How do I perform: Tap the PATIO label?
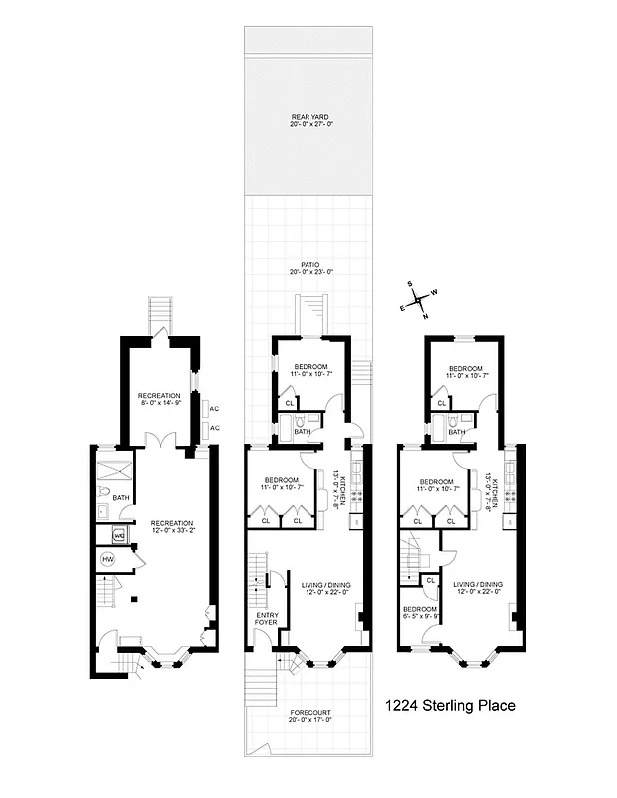click(309, 267)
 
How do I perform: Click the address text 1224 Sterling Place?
click(450, 706)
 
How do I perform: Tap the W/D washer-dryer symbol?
click(119, 535)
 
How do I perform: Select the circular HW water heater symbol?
click(108, 560)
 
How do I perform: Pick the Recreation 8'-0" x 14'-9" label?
click(159, 399)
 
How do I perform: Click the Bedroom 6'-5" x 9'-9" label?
click(419, 612)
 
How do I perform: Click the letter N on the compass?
click(426, 317)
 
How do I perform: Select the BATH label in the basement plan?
click(121, 497)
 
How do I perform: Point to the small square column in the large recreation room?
click(135, 599)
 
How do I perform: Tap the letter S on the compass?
click(410, 282)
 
